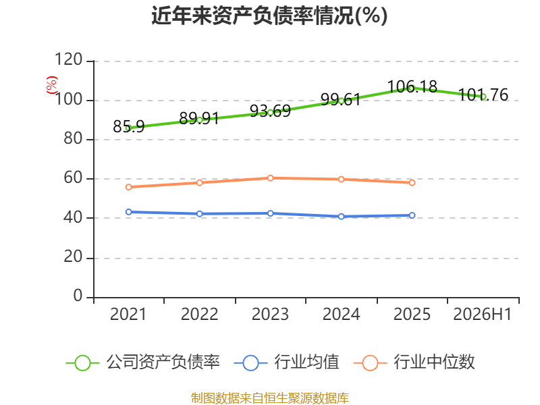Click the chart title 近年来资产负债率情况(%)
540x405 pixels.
(x=269, y=16)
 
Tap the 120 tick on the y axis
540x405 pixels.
(x=69, y=59)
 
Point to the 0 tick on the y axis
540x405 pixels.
(x=78, y=296)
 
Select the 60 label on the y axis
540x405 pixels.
(x=73, y=178)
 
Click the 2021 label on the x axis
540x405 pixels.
(x=128, y=314)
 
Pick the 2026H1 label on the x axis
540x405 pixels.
(x=483, y=314)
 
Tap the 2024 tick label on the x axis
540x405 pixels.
(x=341, y=314)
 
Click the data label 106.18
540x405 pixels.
(x=412, y=86)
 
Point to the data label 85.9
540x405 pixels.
(x=128, y=126)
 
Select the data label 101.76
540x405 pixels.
(x=483, y=94)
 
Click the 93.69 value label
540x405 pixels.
(x=271, y=111)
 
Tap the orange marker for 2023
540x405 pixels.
(x=271, y=178)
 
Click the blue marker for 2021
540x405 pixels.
(x=128, y=212)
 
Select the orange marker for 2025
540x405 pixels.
(x=412, y=182)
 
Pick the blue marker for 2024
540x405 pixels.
(x=341, y=216)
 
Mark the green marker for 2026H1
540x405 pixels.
(x=483, y=97)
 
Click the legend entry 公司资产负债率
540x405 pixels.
(x=142, y=362)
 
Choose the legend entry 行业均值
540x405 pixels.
(x=286, y=362)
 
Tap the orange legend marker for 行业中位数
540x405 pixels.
(x=370, y=363)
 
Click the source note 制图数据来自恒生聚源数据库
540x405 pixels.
(x=270, y=398)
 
